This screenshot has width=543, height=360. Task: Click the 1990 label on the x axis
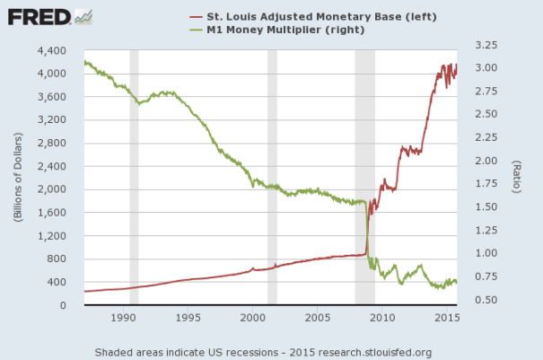coord(123,318)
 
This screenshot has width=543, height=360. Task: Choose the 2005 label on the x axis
coord(317,318)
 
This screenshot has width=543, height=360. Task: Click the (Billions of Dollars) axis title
coord(18,176)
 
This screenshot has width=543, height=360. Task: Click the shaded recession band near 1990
coord(134,180)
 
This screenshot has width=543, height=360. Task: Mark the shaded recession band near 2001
coord(272,180)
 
